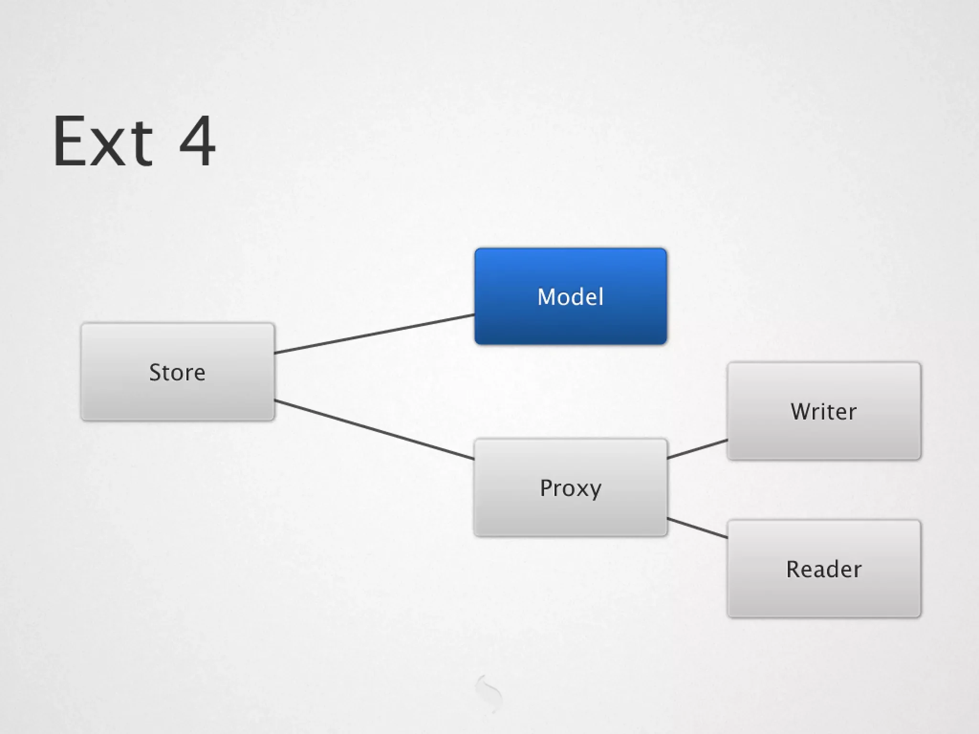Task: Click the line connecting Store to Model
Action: click(374, 334)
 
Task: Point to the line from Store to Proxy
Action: click(374, 430)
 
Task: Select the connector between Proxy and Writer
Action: click(697, 449)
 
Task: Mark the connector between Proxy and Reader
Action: click(697, 528)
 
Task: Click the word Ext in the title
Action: click(103, 141)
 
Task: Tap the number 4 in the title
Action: click(197, 141)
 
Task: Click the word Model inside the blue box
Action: click(570, 297)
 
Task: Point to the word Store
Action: click(177, 372)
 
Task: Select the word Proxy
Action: click(570, 488)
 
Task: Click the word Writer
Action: click(824, 411)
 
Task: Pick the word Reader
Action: click(824, 569)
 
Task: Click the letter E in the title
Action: click(69, 141)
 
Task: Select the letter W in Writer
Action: click(802, 411)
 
